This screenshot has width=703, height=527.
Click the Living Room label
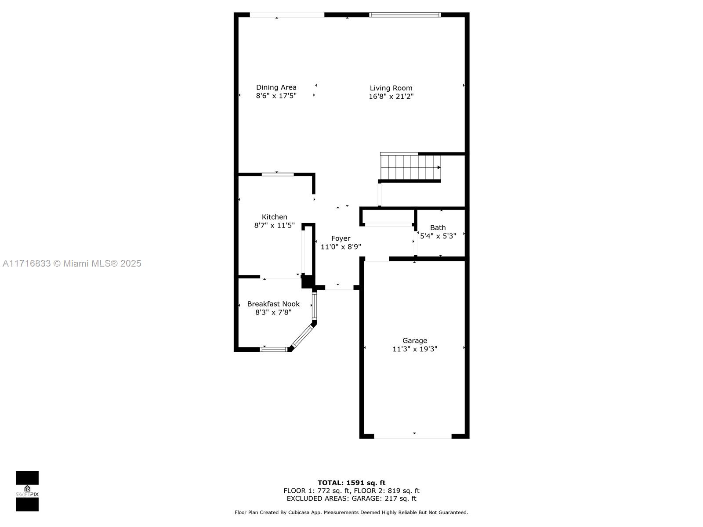coord(391,88)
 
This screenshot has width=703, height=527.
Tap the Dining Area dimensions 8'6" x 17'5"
coord(276,96)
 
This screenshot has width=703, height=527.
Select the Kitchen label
coord(274,217)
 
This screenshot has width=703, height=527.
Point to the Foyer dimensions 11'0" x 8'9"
coord(341,247)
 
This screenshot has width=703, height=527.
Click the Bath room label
coord(438,227)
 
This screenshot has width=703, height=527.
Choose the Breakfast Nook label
coord(273,303)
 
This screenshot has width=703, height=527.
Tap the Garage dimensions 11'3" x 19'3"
coord(415,349)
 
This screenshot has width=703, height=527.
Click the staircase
coord(410,167)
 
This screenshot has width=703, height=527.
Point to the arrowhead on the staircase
coord(439,167)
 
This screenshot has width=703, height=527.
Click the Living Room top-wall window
coord(405,15)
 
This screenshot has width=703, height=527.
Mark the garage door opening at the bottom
coord(413,436)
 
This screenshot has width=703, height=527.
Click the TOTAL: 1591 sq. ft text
coord(351,483)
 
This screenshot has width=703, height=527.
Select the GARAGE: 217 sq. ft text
coord(384,498)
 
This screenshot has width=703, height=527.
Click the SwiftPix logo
coord(27,491)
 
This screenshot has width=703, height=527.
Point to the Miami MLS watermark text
coord(72,263)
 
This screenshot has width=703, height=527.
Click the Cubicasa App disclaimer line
coord(351,512)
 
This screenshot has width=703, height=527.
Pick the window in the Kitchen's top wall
coord(278,174)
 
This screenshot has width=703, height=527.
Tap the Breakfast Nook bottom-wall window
coord(274,350)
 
